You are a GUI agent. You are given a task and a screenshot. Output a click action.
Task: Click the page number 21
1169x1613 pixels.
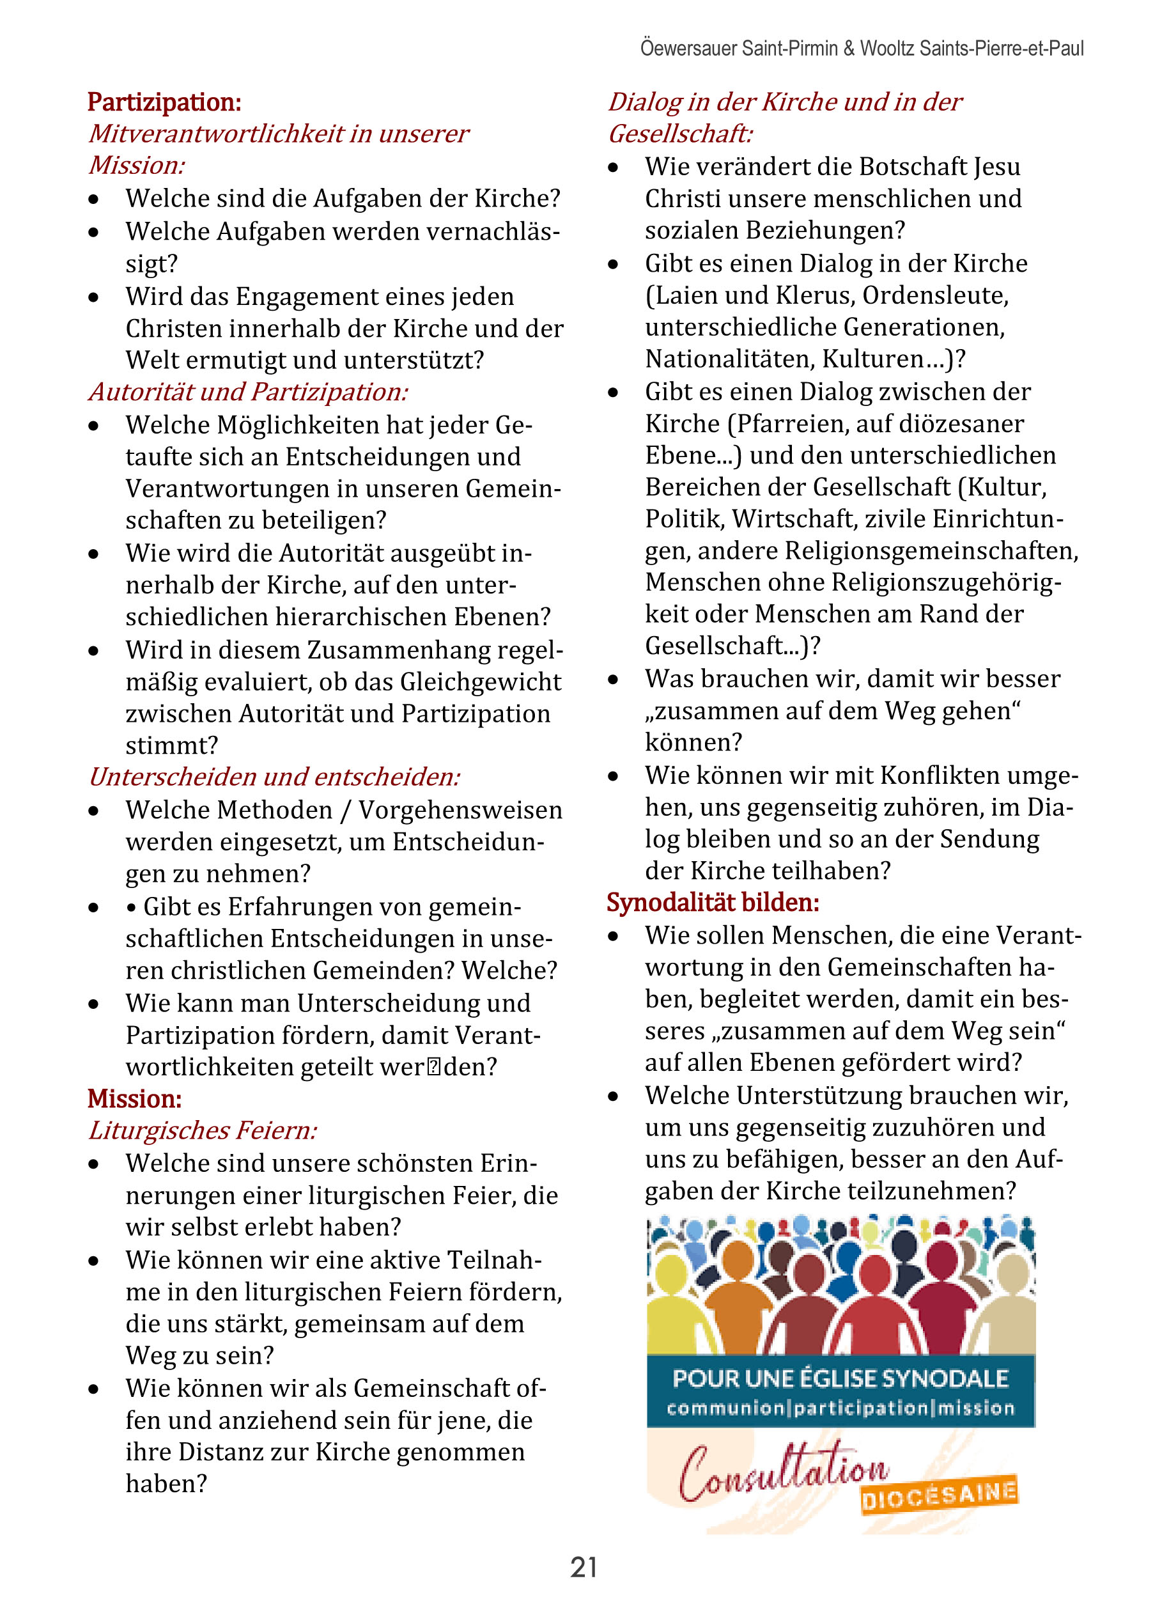pyautogui.click(x=583, y=1567)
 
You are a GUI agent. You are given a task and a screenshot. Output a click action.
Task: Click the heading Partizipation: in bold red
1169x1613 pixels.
pyautogui.click(x=164, y=102)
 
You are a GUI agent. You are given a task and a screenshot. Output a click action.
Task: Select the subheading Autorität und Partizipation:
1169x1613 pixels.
pyautogui.click(x=248, y=392)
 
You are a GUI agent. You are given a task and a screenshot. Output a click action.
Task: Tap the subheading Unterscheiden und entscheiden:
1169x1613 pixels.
pyautogui.click(x=274, y=777)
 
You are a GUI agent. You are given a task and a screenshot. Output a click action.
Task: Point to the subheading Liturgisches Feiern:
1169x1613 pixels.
pyautogui.click(x=203, y=1130)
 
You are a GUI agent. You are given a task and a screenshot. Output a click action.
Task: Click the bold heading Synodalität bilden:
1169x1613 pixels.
pyautogui.click(x=713, y=903)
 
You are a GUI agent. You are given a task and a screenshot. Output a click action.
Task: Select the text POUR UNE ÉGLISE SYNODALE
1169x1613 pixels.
pyautogui.click(x=840, y=1378)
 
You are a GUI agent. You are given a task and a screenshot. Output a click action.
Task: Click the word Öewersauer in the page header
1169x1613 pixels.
pyautogui.click(x=688, y=49)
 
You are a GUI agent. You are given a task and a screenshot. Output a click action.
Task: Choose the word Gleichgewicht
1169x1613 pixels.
pyautogui.click(x=481, y=682)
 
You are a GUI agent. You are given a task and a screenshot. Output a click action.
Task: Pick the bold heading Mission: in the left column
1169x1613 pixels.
pyautogui.click(x=134, y=1099)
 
